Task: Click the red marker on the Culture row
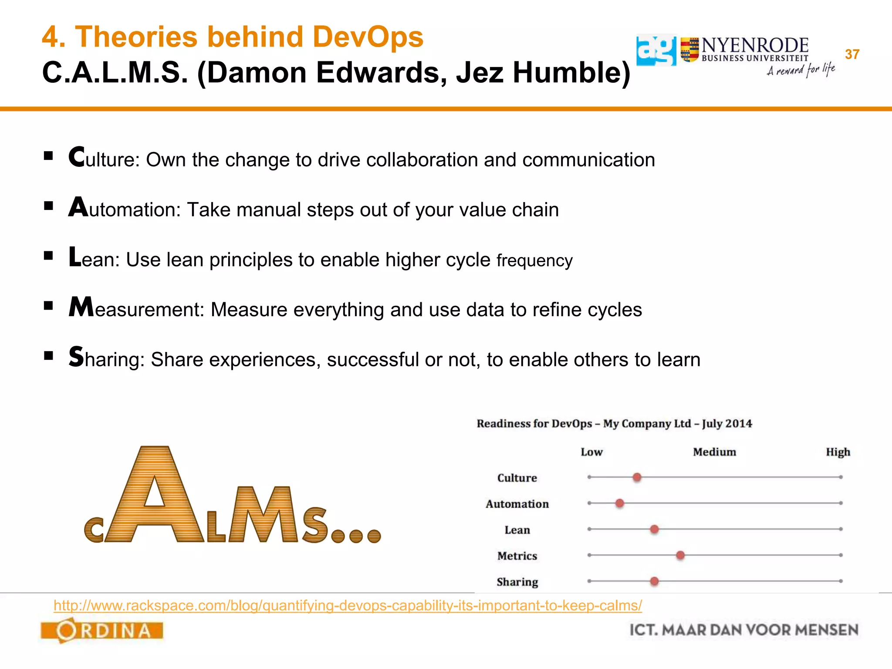click(x=637, y=477)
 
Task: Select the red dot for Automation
click(x=620, y=503)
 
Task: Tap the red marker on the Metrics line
click(x=680, y=555)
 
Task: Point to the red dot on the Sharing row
click(x=654, y=581)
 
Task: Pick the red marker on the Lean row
click(x=654, y=529)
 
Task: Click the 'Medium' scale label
click(x=714, y=452)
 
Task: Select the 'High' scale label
click(x=838, y=452)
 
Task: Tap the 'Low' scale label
click(x=591, y=452)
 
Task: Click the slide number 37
click(x=852, y=54)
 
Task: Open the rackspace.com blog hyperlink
click(x=348, y=605)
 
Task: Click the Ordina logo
click(x=102, y=630)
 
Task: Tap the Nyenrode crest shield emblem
click(x=689, y=50)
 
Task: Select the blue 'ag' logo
click(x=656, y=51)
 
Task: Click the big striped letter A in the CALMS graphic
click(x=155, y=497)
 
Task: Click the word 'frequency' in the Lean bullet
click(x=534, y=260)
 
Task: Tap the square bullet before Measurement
click(x=48, y=306)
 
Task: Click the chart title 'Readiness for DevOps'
click(x=534, y=424)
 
